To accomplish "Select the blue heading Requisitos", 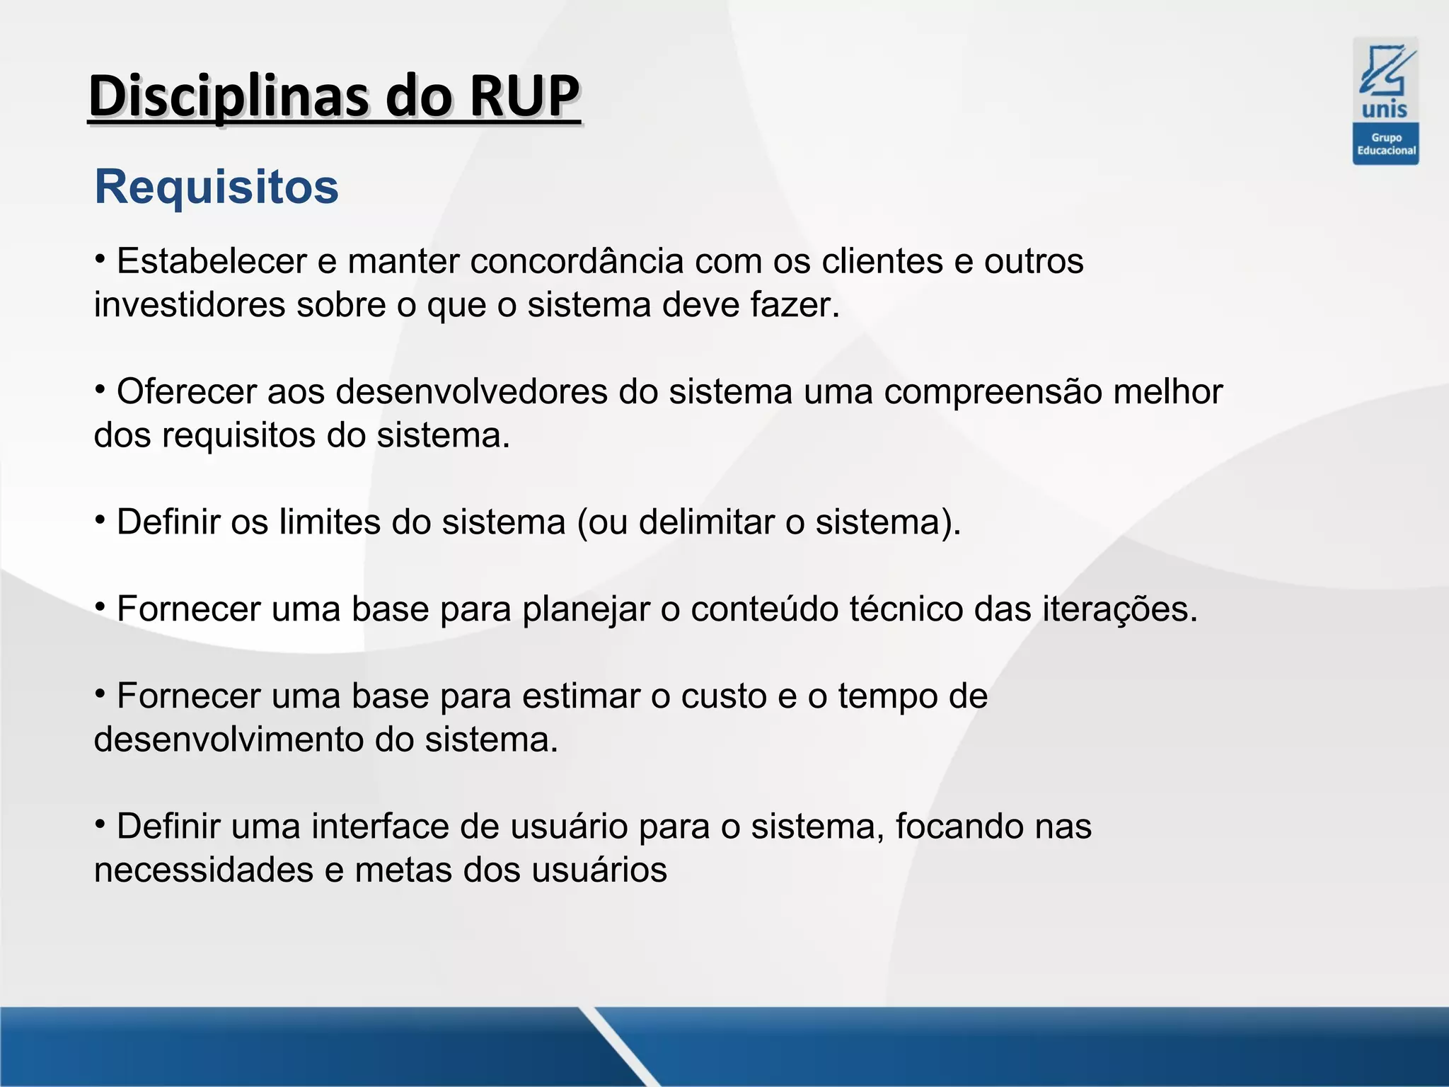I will point(217,187).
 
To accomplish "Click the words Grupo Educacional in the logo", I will point(1385,144).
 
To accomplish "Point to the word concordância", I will point(577,261).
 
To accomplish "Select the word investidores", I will point(190,305).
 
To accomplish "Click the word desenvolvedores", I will point(471,392).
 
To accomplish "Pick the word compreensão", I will point(993,392).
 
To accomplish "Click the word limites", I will point(330,522).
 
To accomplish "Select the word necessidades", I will point(204,870).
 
